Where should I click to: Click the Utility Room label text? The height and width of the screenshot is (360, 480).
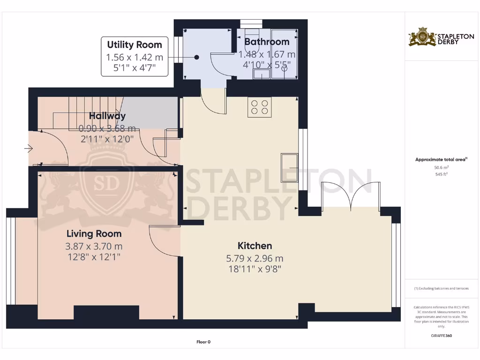[135, 45]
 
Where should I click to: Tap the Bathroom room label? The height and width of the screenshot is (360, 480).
[267, 42]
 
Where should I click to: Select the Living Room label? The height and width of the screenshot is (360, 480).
[94, 233]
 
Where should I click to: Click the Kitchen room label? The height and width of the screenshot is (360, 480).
[255, 246]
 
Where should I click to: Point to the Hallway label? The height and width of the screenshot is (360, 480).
[107, 116]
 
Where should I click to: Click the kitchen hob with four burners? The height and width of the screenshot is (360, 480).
[260, 107]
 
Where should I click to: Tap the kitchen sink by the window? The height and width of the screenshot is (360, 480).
[289, 167]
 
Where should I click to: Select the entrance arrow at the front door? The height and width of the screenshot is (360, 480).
[29, 149]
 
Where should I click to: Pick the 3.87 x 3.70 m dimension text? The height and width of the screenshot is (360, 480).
[94, 246]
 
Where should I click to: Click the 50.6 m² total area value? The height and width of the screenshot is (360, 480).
[441, 167]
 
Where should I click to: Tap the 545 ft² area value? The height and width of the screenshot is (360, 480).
[441, 174]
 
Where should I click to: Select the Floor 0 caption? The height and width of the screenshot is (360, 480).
[203, 342]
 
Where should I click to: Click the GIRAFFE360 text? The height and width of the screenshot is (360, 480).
[441, 336]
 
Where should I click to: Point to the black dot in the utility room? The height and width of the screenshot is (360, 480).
[196, 57]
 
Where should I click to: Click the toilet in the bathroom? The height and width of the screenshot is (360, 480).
[252, 37]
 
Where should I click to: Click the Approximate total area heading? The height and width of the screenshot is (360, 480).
[441, 159]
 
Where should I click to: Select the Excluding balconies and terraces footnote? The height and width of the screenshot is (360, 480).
[441, 288]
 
